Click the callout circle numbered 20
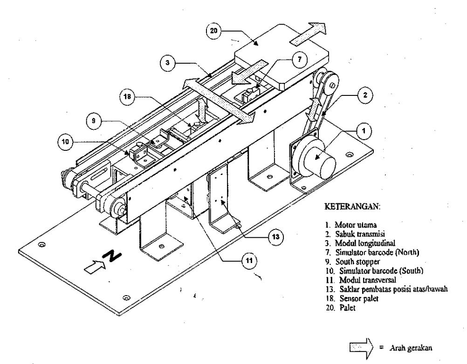point(214,31)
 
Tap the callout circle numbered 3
point(168,63)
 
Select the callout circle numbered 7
point(299,60)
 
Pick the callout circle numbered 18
point(127,97)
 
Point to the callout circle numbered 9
point(94,121)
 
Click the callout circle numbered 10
point(65,142)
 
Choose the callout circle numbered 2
point(365,95)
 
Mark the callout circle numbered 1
point(364,131)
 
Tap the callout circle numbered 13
point(276,237)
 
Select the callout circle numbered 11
point(249,261)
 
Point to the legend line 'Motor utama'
point(351,225)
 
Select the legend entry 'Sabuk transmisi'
point(355,234)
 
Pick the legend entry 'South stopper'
point(352,262)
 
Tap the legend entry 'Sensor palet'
point(352,298)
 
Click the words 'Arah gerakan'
point(411,348)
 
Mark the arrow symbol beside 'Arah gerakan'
point(361,347)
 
